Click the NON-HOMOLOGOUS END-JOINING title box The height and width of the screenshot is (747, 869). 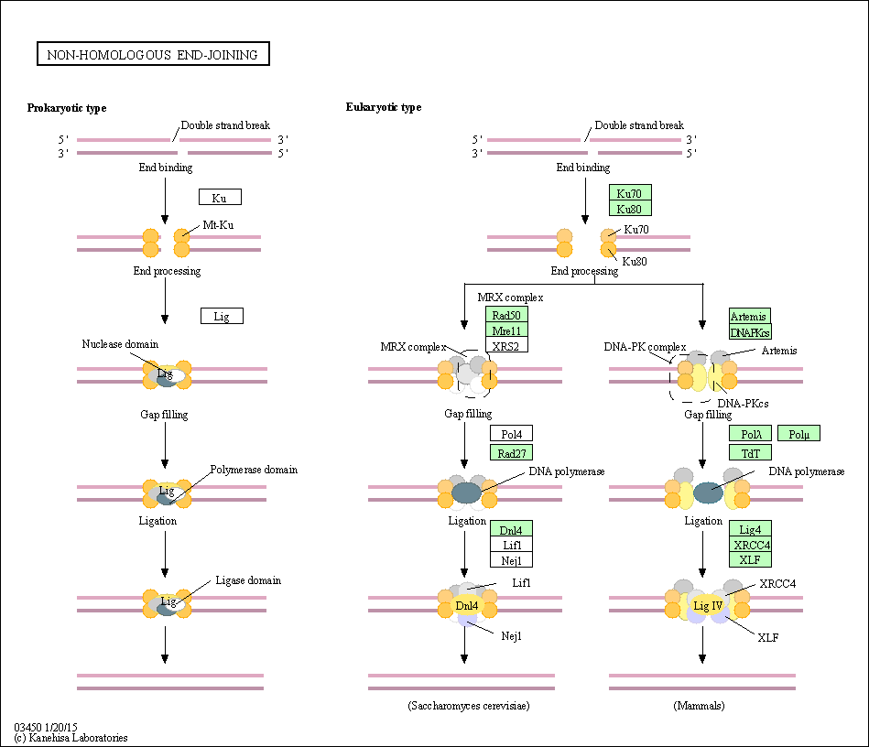153,55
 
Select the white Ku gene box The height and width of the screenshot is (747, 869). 220,197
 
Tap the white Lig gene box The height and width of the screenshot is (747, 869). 222,316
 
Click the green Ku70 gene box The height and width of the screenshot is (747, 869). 630,192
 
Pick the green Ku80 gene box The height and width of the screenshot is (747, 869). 630,209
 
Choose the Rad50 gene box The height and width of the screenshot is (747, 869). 507,315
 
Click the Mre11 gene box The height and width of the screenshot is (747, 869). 507,330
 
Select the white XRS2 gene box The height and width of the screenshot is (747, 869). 507,346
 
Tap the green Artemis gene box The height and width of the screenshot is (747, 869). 750,316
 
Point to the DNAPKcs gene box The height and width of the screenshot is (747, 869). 750,331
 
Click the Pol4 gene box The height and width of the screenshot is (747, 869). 511,434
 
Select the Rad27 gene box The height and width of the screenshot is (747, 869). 511,451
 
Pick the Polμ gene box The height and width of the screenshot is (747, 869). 798,434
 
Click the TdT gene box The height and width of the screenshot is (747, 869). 750,451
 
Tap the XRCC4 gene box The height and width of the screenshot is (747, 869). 750,544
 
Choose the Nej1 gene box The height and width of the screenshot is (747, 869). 511,559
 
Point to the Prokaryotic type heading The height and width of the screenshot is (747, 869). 67,108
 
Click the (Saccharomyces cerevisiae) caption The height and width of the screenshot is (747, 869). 469,706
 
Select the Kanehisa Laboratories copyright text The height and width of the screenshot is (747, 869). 71,737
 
